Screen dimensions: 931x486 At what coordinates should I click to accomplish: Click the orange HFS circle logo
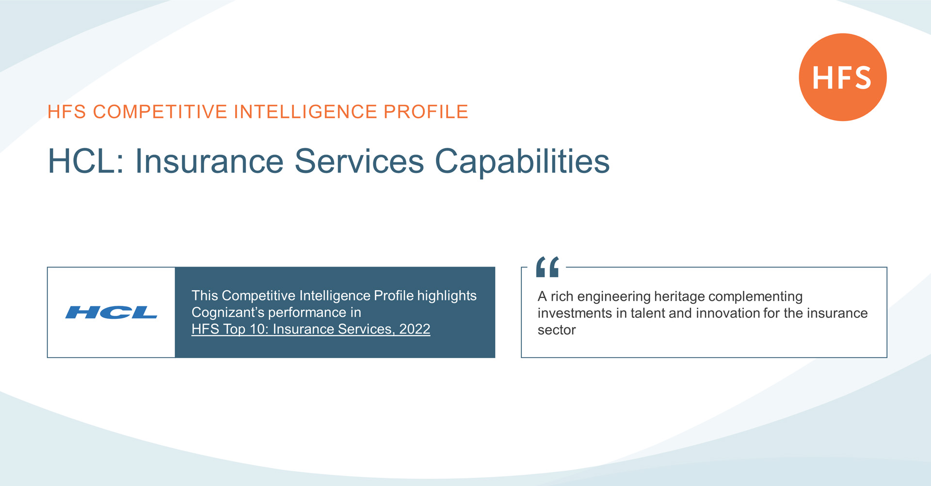click(843, 77)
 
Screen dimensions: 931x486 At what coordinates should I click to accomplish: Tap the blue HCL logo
click(112, 313)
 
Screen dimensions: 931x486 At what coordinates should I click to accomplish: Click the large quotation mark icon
click(547, 267)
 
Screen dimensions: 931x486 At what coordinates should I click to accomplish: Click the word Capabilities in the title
click(522, 162)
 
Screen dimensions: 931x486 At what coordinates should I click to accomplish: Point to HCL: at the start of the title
click(86, 161)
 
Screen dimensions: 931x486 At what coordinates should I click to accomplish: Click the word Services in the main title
click(359, 161)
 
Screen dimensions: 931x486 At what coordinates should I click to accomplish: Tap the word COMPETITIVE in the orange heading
click(160, 112)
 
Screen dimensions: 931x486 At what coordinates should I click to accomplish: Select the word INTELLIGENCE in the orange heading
click(305, 112)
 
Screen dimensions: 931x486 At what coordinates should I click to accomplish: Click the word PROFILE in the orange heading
click(426, 112)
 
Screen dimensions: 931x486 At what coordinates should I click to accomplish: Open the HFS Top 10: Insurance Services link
click(311, 329)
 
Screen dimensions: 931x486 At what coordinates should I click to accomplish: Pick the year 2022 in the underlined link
click(415, 329)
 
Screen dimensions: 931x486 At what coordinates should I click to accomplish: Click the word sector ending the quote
click(557, 330)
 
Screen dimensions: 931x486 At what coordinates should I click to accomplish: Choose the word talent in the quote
click(647, 313)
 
